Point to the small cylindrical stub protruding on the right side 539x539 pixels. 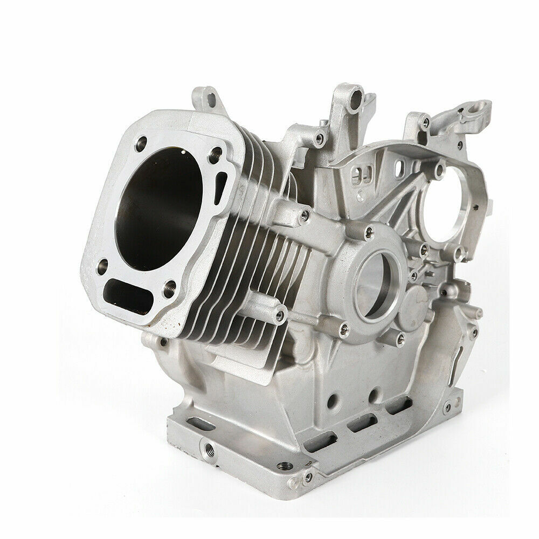(x=474, y=313)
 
